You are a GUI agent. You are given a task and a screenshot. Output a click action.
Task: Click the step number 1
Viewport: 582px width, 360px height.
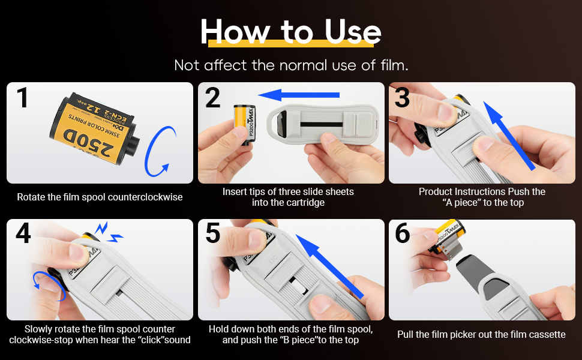coord(23,98)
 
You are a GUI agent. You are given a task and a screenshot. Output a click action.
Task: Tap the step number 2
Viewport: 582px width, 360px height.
coord(212,98)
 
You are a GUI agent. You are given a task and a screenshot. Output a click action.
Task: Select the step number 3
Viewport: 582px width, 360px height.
coord(402,98)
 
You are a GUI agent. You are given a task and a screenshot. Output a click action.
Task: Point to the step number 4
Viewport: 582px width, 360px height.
coord(23,233)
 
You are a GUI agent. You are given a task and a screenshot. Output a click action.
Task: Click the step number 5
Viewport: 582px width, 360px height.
coord(213,233)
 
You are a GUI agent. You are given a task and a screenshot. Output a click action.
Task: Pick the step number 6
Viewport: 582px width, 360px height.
coord(403,233)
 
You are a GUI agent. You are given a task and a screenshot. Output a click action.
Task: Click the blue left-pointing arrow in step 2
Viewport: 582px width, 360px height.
coord(299,95)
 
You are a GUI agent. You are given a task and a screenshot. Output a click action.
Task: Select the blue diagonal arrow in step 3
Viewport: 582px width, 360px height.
coord(509,136)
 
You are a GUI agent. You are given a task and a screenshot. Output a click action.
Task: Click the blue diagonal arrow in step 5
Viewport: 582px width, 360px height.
coord(329,266)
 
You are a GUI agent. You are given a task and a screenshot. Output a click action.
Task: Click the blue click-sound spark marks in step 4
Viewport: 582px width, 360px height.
coord(109,232)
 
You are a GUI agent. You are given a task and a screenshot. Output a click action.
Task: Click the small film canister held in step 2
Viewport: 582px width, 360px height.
coord(244,124)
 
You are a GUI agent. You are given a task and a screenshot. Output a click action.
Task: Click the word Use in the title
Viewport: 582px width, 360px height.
coord(353,32)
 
